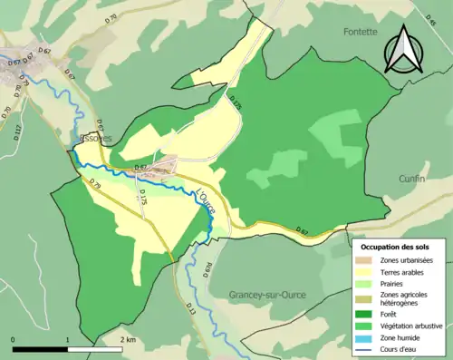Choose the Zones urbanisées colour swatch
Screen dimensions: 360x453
[367, 261]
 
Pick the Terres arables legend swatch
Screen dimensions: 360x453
[367, 274]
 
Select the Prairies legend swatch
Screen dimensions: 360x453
[367, 287]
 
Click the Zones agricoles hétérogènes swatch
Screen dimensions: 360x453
[367, 299]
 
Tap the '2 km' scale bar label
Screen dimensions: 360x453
[128, 340]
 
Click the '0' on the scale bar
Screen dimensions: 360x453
[13, 340]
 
